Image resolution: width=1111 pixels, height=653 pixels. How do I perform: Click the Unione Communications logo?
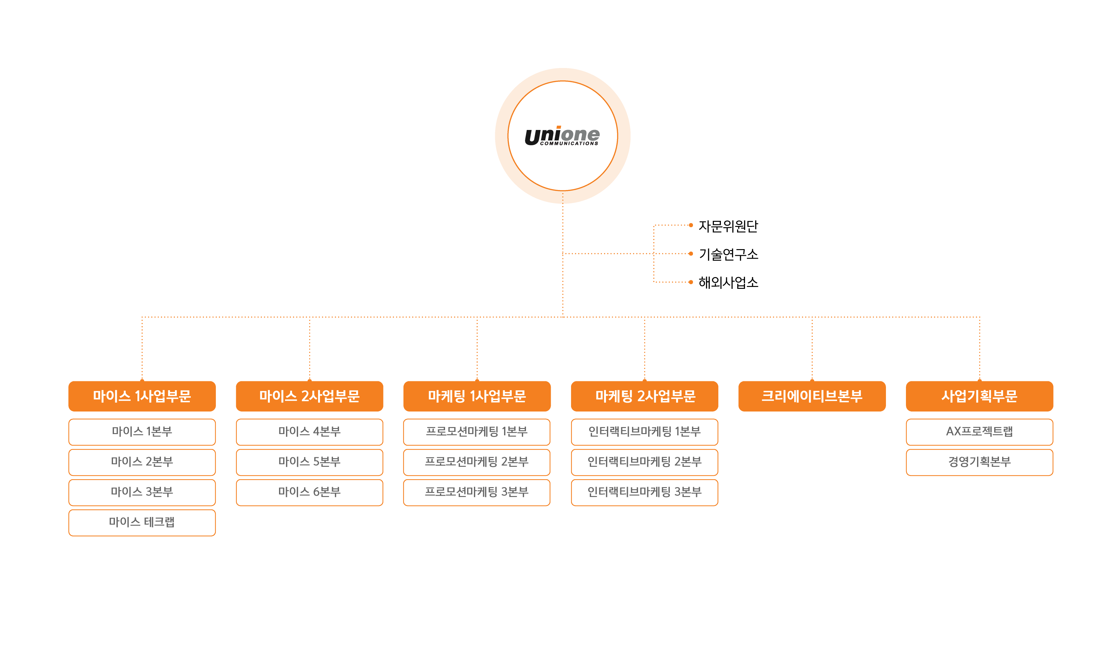tap(562, 136)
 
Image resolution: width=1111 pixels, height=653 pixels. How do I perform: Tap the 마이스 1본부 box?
tap(142, 432)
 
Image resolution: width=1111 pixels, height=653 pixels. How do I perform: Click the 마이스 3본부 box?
tap(142, 492)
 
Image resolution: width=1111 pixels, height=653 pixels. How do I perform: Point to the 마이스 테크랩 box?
tap(142, 522)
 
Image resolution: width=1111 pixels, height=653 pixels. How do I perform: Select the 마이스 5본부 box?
tap(309, 462)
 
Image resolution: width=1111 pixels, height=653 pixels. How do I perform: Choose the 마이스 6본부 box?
tap(309, 492)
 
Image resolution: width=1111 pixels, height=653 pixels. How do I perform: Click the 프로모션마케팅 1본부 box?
tap(477, 432)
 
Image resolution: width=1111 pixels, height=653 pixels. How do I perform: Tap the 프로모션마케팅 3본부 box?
tap(477, 492)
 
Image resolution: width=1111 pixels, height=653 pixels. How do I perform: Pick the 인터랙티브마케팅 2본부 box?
tap(645, 462)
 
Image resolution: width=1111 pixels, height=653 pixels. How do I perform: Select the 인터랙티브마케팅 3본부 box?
tap(645, 492)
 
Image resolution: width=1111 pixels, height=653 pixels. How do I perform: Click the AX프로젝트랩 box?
tap(980, 432)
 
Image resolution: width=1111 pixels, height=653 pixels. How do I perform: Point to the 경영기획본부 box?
tap(980, 462)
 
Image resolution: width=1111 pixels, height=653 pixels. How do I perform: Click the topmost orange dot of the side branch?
tap(691, 225)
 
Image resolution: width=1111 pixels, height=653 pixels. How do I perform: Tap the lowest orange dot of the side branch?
tap(691, 282)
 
